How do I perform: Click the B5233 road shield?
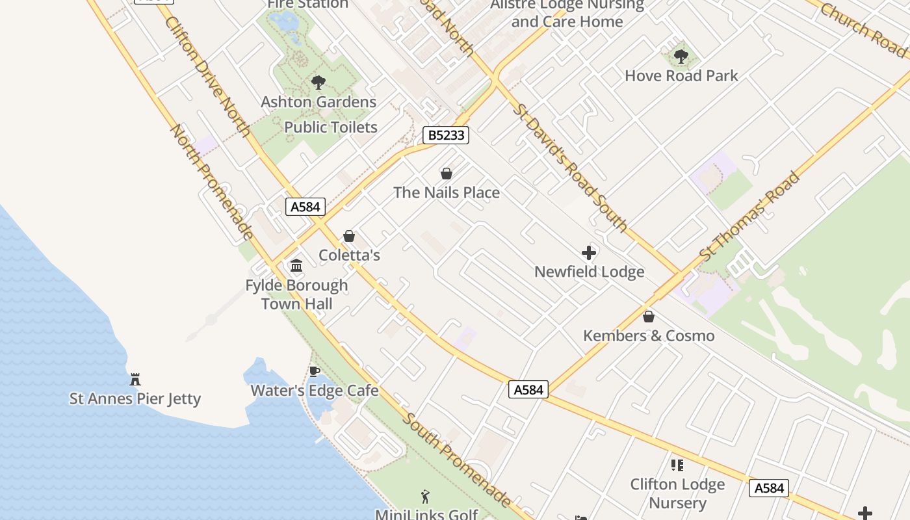(x=446, y=135)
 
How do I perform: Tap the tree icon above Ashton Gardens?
(x=318, y=83)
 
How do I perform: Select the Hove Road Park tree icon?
(x=681, y=57)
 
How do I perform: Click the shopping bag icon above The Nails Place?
(x=447, y=174)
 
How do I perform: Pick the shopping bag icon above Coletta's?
(x=349, y=236)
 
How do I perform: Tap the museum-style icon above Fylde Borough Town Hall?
(x=297, y=265)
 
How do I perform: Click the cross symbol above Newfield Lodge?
(x=589, y=253)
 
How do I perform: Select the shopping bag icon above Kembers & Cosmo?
(x=648, y=317)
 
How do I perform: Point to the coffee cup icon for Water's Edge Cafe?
(x=315, y=371)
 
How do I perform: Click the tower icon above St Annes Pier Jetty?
(x=135, y=379)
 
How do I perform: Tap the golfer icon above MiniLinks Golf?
(x=426, y=497)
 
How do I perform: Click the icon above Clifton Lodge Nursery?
(x=677, y=465)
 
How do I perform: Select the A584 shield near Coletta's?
(x=305, y=207)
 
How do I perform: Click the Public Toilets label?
(x=331, y=127)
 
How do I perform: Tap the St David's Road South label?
(x=570, y=167)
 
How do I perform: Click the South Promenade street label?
(x=456, y=459)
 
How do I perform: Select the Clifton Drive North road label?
(x=207, y=76)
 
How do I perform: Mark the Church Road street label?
(x=863, y=29)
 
